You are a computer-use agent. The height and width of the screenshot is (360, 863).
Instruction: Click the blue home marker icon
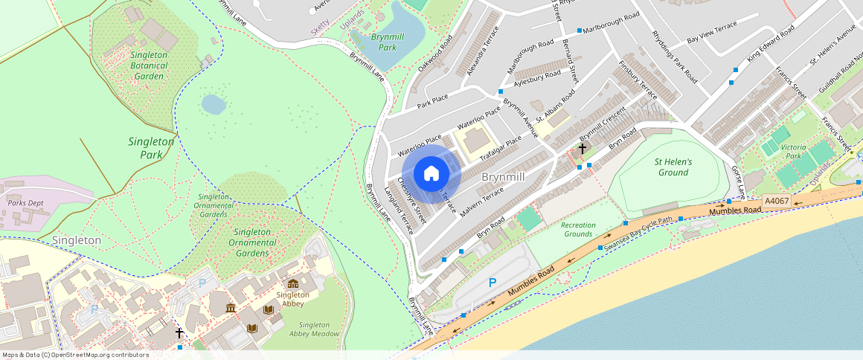tap(431, 173)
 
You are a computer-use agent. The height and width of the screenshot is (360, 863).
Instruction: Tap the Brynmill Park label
tap(388, 42)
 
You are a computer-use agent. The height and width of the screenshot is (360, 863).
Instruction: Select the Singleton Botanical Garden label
tap(149, 65)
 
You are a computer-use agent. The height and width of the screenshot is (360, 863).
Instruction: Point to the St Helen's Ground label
tap(673, 167)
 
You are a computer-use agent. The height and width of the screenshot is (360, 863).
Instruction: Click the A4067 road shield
tap(776, 201)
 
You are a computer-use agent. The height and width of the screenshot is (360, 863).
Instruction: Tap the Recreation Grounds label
tap(578, 230)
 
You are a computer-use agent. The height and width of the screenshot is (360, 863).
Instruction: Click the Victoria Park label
tap(799, 152)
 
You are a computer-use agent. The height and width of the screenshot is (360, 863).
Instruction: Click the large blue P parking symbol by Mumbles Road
tap(492, 283)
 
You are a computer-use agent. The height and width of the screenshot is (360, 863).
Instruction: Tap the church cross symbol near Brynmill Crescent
tap(582, 149)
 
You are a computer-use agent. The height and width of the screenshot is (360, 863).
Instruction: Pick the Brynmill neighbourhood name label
tap(504, 177)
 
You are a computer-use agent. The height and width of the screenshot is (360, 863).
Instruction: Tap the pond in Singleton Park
tap(214, 104)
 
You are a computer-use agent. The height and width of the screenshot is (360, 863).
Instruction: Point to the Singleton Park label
tap(151, 148)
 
